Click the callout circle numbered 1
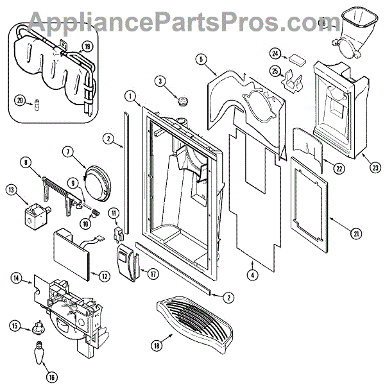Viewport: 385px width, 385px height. (x=131, y=97)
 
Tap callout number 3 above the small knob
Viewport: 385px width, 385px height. (x=160, y=81)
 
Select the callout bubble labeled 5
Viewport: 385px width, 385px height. (x=201, y=60)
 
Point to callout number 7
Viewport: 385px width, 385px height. (x=85, y=151)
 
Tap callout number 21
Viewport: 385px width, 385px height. (x=355, y=234)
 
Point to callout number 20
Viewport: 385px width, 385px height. (x=19, y=100)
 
